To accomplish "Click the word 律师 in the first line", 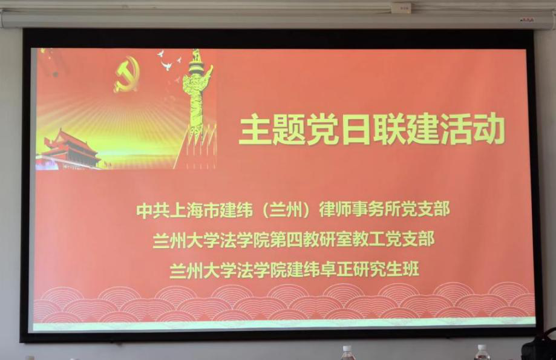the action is click(x=335, y=209).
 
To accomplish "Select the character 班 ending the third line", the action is click(x=411, y=269).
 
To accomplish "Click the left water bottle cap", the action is click(x=347, y=349).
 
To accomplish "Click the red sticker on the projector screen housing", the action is click(x=527, y=19).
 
